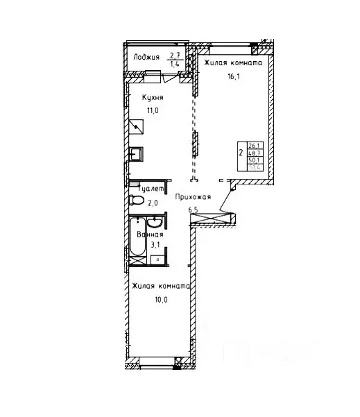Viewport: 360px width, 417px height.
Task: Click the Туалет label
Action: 151,188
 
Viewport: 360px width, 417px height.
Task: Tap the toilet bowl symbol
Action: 135,201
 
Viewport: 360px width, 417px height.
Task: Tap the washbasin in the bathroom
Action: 157,223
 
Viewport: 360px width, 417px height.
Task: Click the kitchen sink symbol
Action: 137,153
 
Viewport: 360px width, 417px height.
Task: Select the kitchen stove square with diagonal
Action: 136,126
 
